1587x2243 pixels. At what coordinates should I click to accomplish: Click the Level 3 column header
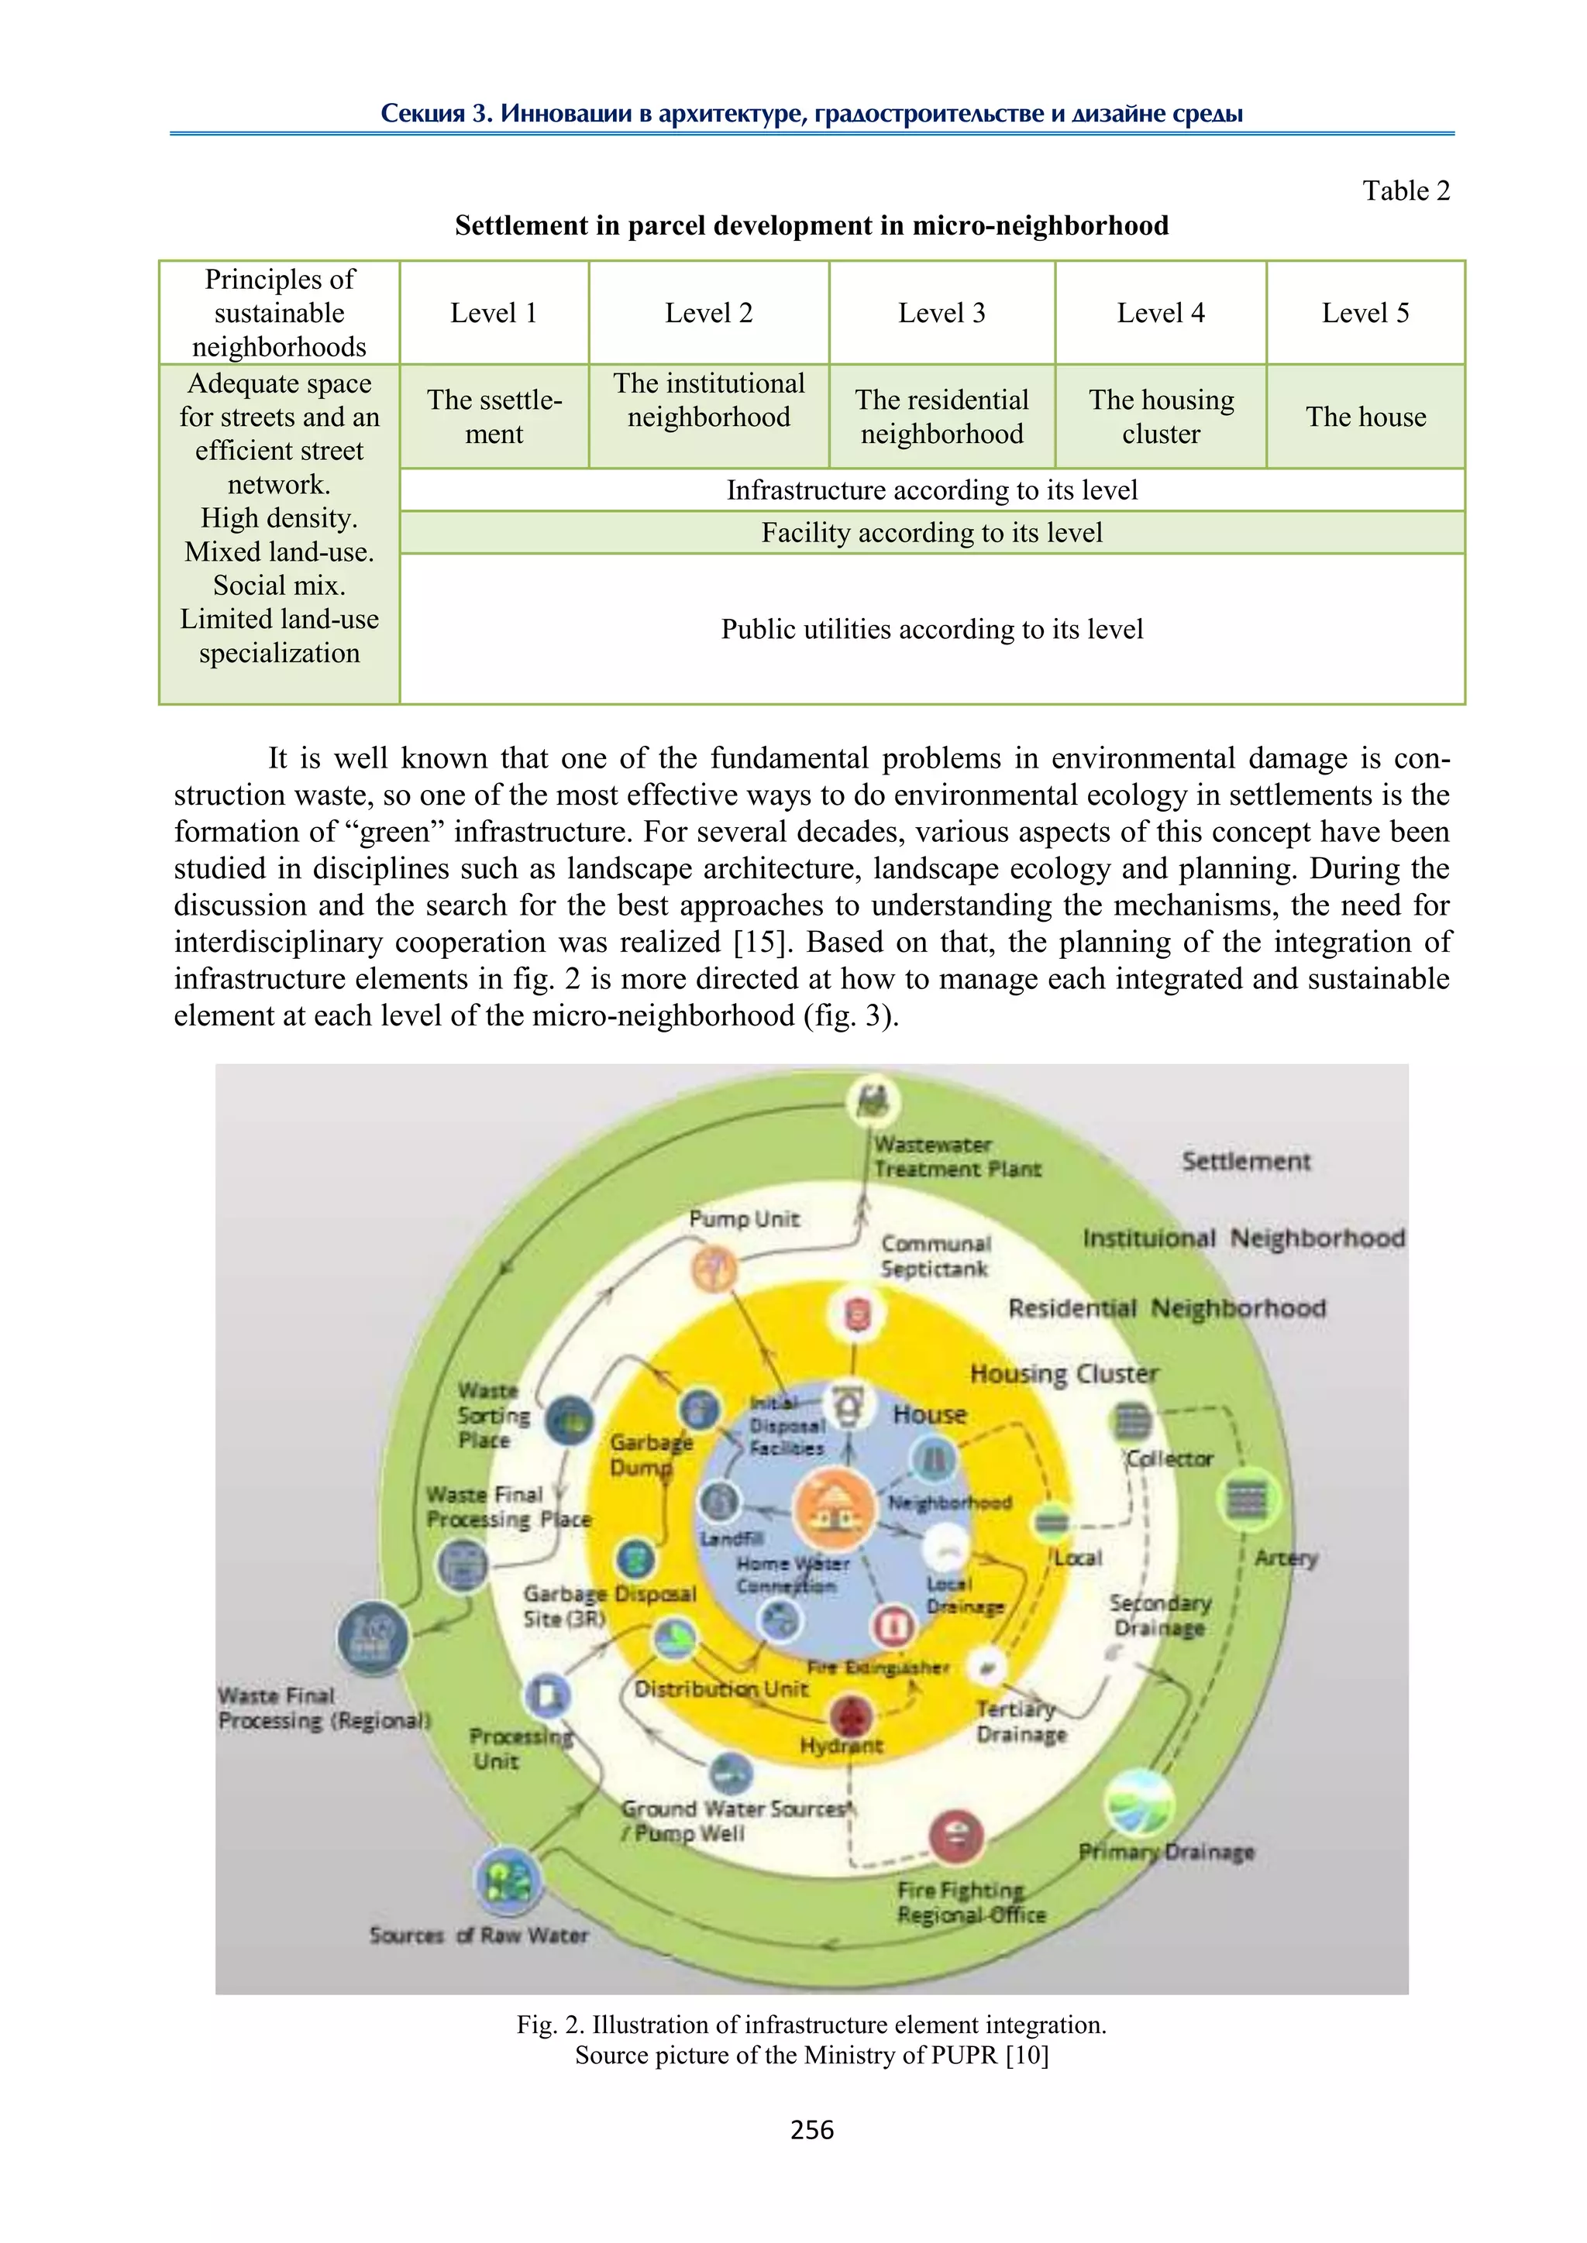point(941,313)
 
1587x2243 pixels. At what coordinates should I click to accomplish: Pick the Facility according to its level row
point(931,532)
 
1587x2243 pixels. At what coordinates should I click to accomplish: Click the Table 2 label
point(1405,191)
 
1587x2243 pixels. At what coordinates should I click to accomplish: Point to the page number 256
point(811,2130)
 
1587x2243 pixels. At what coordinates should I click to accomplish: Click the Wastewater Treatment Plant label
point(955,1156)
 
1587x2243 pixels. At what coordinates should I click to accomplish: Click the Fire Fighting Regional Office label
point(969,1902)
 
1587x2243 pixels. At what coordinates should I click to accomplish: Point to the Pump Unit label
point(744,1218)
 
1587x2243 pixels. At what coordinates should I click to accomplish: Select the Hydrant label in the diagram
point(841,1745)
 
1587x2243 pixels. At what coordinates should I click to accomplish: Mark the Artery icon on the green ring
point(1246,1498)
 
